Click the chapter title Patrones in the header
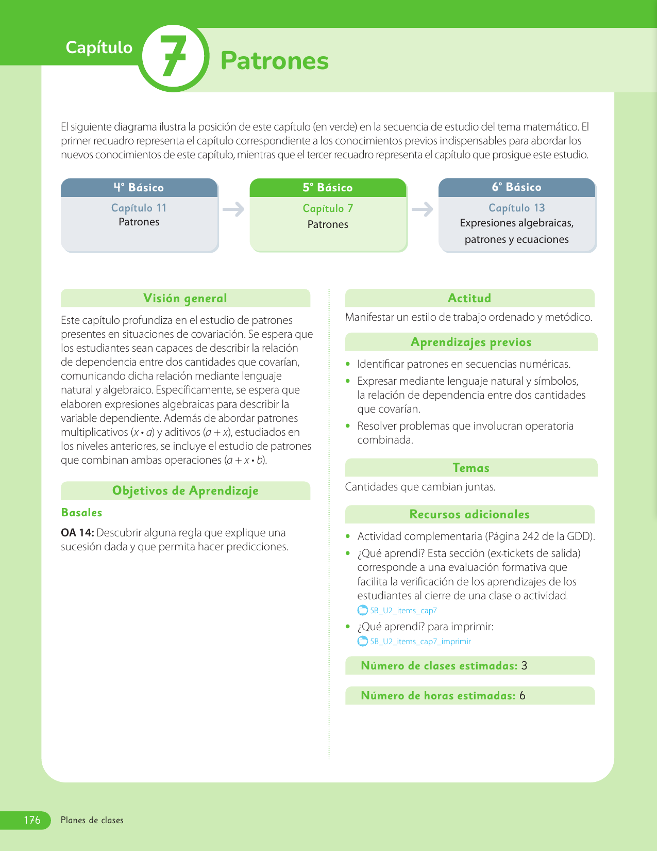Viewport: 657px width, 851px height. pyautogui.click(x=274, y=60)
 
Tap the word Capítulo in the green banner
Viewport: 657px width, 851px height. pyautogui.click(x=99, y=47)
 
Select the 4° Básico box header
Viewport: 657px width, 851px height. pyautogui.click(x=139, y=188)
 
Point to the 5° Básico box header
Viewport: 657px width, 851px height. pyautogui.click(x=328, y=188)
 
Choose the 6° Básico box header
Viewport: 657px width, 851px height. pyautogui.click(x=516, y=187)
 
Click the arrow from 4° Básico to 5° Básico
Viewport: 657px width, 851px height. pyautogui.click(x=233, y=209)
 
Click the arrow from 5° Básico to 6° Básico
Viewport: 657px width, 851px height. pyautogui.click(x=423, y=209)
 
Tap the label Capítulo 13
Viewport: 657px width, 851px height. pyautogui.click(x=516, y=208)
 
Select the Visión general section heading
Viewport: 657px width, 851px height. pyautogui.click(x=185, y=298)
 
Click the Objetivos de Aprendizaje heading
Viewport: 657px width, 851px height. pyautogui.click(x=185, y=490)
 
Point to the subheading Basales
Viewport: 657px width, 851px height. pyautogui.click(x=81, y=513)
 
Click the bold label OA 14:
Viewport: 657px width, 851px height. pyautogui.click(x=77, y=533)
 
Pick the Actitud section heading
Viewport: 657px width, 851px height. pyautogui.click(x=469, y=298)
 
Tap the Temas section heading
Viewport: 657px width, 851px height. pyautogui.click(x=471, y=468)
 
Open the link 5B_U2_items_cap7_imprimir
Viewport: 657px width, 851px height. pyautogui.click(x=420, y=642)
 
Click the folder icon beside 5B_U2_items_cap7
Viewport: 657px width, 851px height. pyautogui.click(x=363, y=611)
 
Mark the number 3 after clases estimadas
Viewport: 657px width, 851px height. pyautogui.click(x=524, y=666)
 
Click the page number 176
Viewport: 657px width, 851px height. pyautogui.click(x=32, y=820)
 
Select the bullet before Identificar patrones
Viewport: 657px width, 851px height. pyautogui.click(x=348, y=365)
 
